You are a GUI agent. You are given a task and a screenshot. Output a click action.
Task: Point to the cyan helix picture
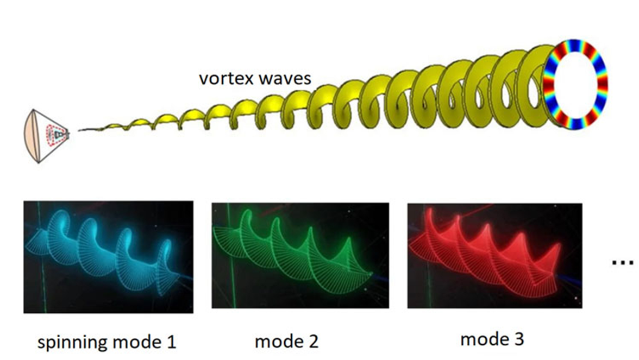[108, 256]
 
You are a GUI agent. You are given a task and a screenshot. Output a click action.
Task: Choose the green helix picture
[300, 256]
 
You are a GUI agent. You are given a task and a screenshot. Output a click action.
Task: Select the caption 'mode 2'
[286, 341]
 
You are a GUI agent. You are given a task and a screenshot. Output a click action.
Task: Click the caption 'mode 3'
[492, 340]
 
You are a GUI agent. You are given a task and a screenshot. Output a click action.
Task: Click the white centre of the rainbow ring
[575, 83]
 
